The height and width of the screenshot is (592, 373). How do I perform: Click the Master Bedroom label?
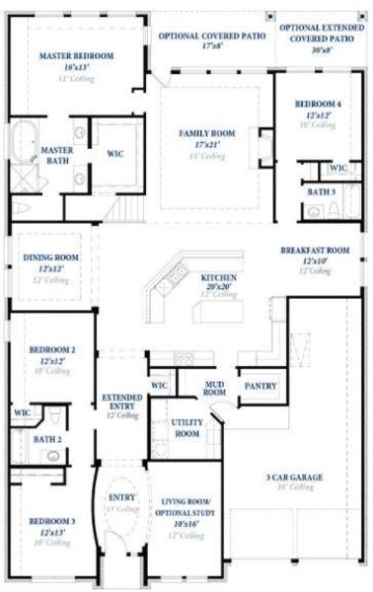tap(76, 55)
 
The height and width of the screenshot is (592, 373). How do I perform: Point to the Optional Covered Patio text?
tap(213, 35)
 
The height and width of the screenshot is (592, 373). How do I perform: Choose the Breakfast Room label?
tap(314, 251)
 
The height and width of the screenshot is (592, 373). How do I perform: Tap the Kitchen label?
tap(218, 278)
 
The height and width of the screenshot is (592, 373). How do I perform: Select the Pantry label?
tap(260, 386)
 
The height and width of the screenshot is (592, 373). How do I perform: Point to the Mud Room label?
tap(214, 387)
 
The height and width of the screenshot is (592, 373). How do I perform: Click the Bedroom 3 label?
tap(51, 521)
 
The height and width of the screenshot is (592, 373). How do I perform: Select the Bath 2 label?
tap(46, 439)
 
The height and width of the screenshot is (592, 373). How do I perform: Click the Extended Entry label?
tap(122, 402)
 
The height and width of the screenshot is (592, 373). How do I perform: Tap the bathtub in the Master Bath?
tap(23, 142)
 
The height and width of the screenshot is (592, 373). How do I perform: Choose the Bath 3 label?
tap(321, 191)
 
